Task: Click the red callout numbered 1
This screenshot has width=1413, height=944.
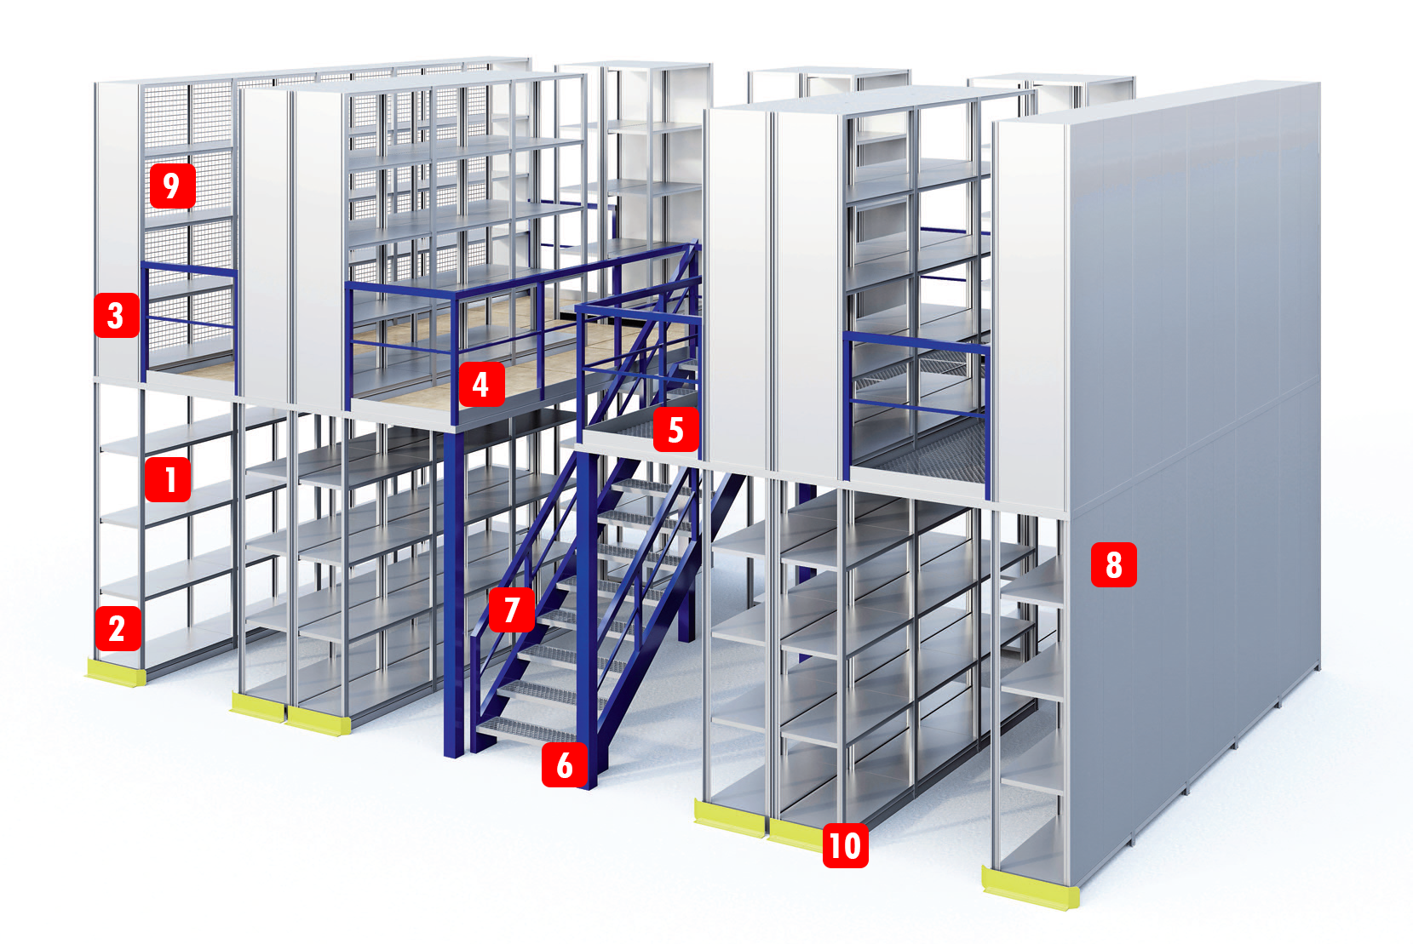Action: [x=168, y=480]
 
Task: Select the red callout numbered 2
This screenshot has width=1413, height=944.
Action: [x=118, y=629]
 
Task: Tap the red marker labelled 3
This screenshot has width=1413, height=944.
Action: [x=117, y=315]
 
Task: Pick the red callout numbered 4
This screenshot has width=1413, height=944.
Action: [x=482, y=384]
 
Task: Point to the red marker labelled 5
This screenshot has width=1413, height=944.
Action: [x=676, y=429]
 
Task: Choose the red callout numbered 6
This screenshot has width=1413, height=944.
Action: [x=565, y=765]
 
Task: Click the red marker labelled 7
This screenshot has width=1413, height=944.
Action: [x=512, y=609]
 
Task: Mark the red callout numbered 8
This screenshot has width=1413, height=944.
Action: [x=1114, y=564]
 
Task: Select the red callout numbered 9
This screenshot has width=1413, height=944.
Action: [x=173, y=186]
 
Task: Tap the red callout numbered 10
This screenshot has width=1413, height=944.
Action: [x=845, y=845]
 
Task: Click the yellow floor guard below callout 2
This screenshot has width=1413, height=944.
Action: [x=116, y=672]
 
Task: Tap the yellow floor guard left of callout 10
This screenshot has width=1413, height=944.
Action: [x=730, y=819]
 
